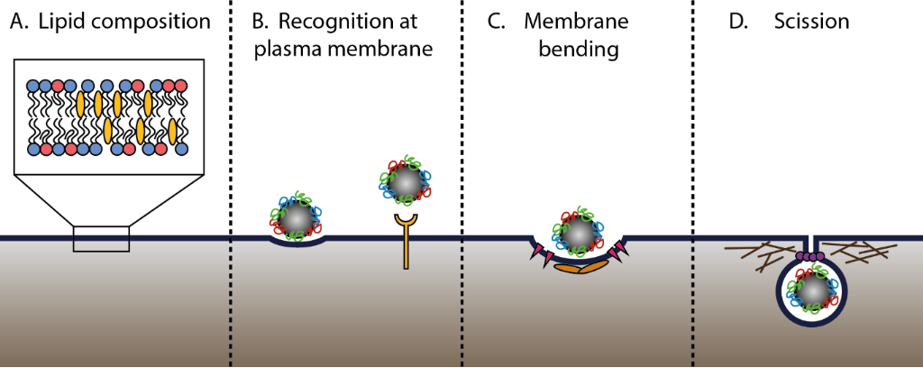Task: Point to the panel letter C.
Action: [496, 21]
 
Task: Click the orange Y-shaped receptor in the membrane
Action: [407, 240]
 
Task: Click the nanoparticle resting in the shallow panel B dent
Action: [294, 216]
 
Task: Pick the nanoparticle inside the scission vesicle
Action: [812, 291]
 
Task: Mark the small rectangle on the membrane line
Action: [101, 239]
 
